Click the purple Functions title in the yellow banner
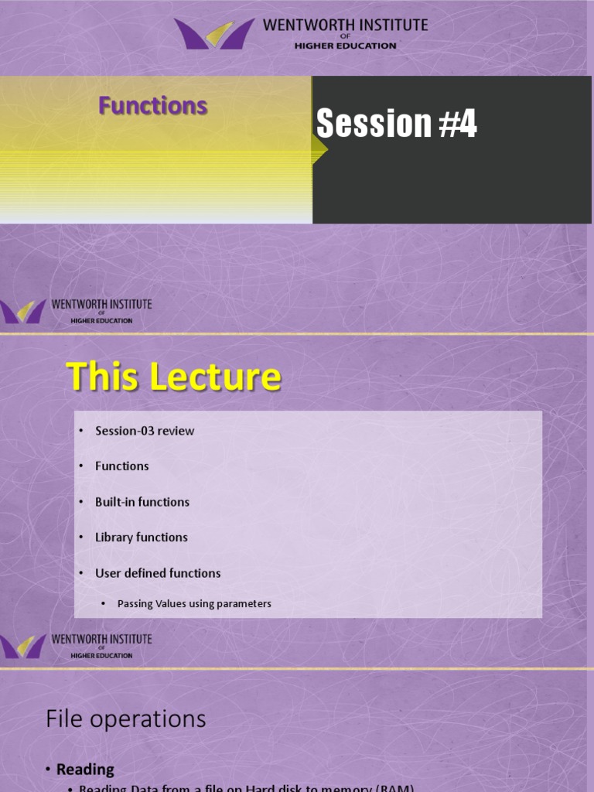point(152,106)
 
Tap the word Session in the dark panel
point(373,124)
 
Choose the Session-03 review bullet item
point(145,431)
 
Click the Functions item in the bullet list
point(121,466)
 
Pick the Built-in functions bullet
point(142,502)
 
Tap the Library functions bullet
point(141,538)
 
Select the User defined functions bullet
point(158,573)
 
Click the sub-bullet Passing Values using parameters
point(194,604)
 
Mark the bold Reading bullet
point(85,770)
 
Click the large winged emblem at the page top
point(214,34)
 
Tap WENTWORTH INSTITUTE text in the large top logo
point(345,25)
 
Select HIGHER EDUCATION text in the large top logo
point(345,46)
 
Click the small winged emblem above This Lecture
point(23,311)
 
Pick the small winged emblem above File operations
point(23,647)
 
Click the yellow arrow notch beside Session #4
point(319,148)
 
